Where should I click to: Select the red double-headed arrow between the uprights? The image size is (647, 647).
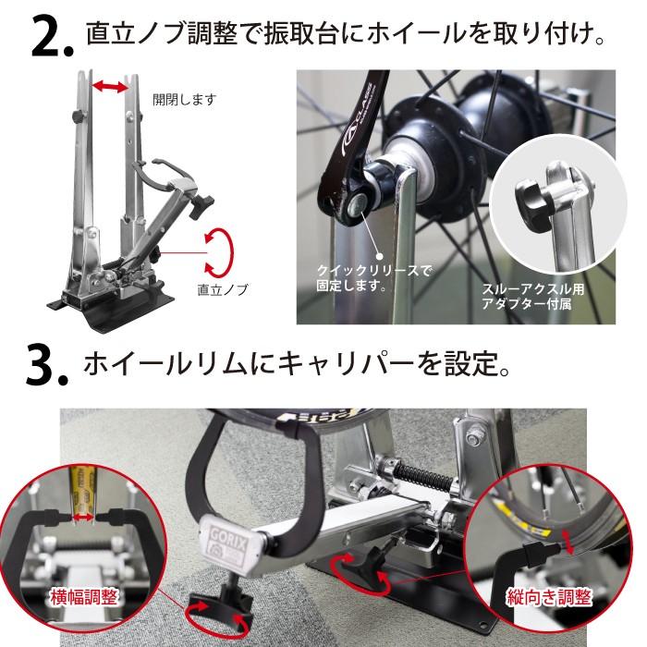point(112,87)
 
